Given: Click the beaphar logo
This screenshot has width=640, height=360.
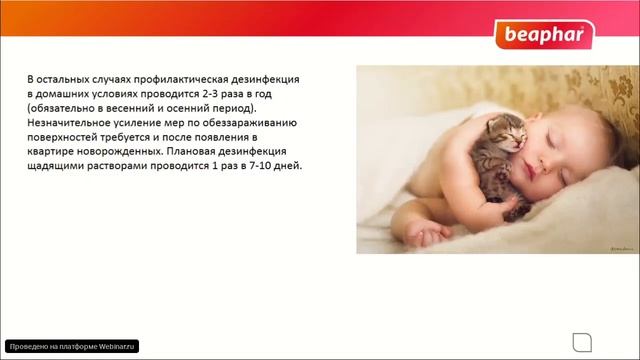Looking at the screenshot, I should [544, 37].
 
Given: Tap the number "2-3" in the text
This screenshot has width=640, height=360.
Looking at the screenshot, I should [208, 92].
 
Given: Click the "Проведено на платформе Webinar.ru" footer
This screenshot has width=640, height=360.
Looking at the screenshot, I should [71, 345].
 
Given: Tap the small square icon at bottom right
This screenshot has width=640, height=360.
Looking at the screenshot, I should [579, 339].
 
